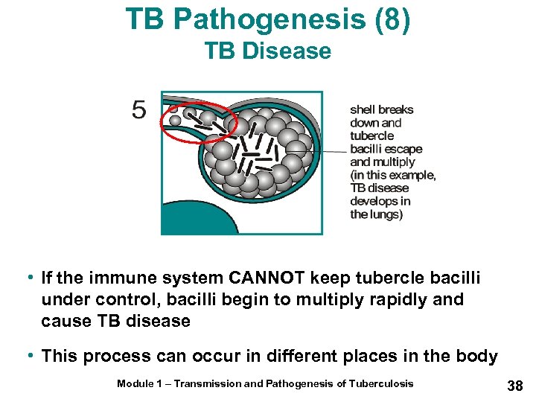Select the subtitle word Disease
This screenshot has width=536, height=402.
point(293,51)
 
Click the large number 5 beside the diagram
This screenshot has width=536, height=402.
point(139,110)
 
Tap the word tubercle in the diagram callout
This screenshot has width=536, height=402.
point(372,135)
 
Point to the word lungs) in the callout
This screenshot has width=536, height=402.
point(387,214)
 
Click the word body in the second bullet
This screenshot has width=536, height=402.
point(476,356)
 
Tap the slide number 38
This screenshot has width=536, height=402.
point(514,385)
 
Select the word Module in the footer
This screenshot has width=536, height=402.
point(135,383)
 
